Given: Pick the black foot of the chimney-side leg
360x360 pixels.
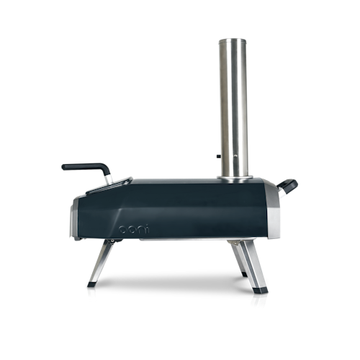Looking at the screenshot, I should point(258,293).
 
